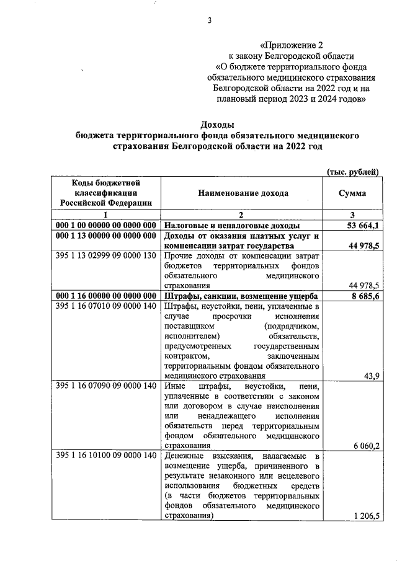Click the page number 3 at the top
210,20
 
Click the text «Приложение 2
292,45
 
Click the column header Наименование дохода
243,193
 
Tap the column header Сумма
352,193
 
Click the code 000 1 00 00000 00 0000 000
105,226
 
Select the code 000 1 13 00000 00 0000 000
105,236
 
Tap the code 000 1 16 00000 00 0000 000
105,296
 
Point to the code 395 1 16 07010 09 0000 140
105,307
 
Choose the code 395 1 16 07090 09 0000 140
105,386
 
